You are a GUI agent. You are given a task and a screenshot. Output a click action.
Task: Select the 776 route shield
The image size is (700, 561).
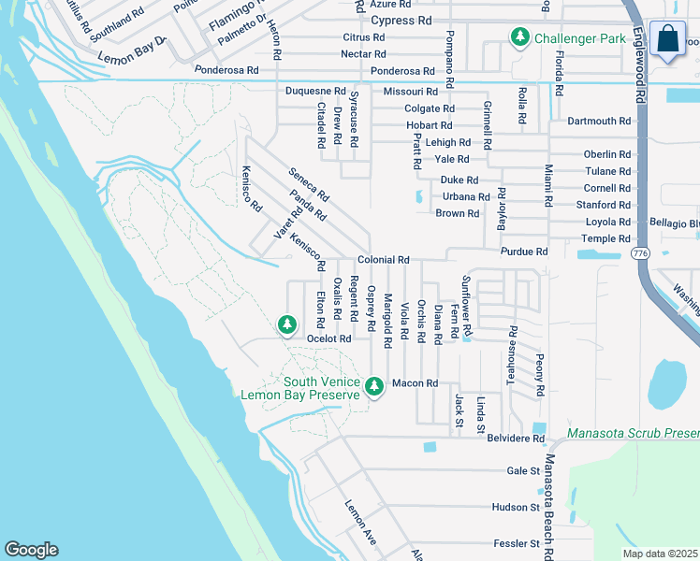click(x=639, y=254)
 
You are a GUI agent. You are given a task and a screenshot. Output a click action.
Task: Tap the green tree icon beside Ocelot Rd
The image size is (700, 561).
click(x=286, y=324)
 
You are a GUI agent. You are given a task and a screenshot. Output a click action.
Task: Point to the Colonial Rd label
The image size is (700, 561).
click(x=383, y=260)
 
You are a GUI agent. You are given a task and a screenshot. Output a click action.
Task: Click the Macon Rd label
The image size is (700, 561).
click(x=415, y=383)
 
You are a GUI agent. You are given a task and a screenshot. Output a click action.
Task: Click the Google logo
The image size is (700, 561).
click(x=31, y=550)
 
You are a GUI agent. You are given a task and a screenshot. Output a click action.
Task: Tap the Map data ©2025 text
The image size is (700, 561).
click(x=660, y=554)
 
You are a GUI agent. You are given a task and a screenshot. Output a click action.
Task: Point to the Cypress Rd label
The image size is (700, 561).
click(x=401, y=20)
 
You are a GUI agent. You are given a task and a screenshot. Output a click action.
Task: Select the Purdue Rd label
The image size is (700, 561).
click(x=524, y=252)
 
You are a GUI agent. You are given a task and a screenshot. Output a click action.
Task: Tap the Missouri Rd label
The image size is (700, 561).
click(x=410, y=92)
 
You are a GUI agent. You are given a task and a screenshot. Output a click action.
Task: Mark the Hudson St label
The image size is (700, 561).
click(x=516, y=507)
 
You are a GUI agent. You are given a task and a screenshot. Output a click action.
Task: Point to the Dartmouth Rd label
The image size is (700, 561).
click(x=599, y=122)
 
